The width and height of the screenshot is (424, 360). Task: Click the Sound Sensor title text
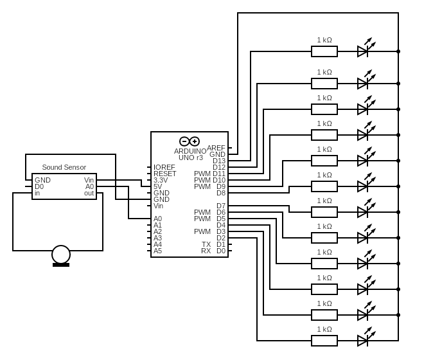64,167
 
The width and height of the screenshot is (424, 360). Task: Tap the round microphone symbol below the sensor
61,255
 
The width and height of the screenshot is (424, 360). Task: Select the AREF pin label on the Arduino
216,148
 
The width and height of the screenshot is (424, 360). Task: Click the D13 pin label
219,161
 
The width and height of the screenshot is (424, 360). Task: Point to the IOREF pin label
164,167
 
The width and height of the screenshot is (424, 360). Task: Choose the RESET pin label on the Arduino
164,174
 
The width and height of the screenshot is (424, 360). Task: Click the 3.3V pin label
161,180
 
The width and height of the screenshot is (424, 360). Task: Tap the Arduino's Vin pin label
158,206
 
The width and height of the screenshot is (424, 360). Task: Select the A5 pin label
157,251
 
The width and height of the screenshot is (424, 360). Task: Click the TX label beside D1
206,244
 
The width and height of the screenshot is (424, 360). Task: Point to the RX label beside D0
206,251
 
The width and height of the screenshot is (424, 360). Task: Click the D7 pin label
221,206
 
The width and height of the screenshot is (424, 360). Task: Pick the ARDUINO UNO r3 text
190,154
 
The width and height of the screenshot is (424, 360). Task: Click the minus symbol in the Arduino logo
184,141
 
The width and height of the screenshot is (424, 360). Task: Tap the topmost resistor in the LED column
324,51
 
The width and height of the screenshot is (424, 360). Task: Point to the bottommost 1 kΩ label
324,329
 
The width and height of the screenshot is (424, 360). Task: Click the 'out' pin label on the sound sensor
89,193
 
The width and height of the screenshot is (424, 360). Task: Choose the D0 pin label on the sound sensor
39,186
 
